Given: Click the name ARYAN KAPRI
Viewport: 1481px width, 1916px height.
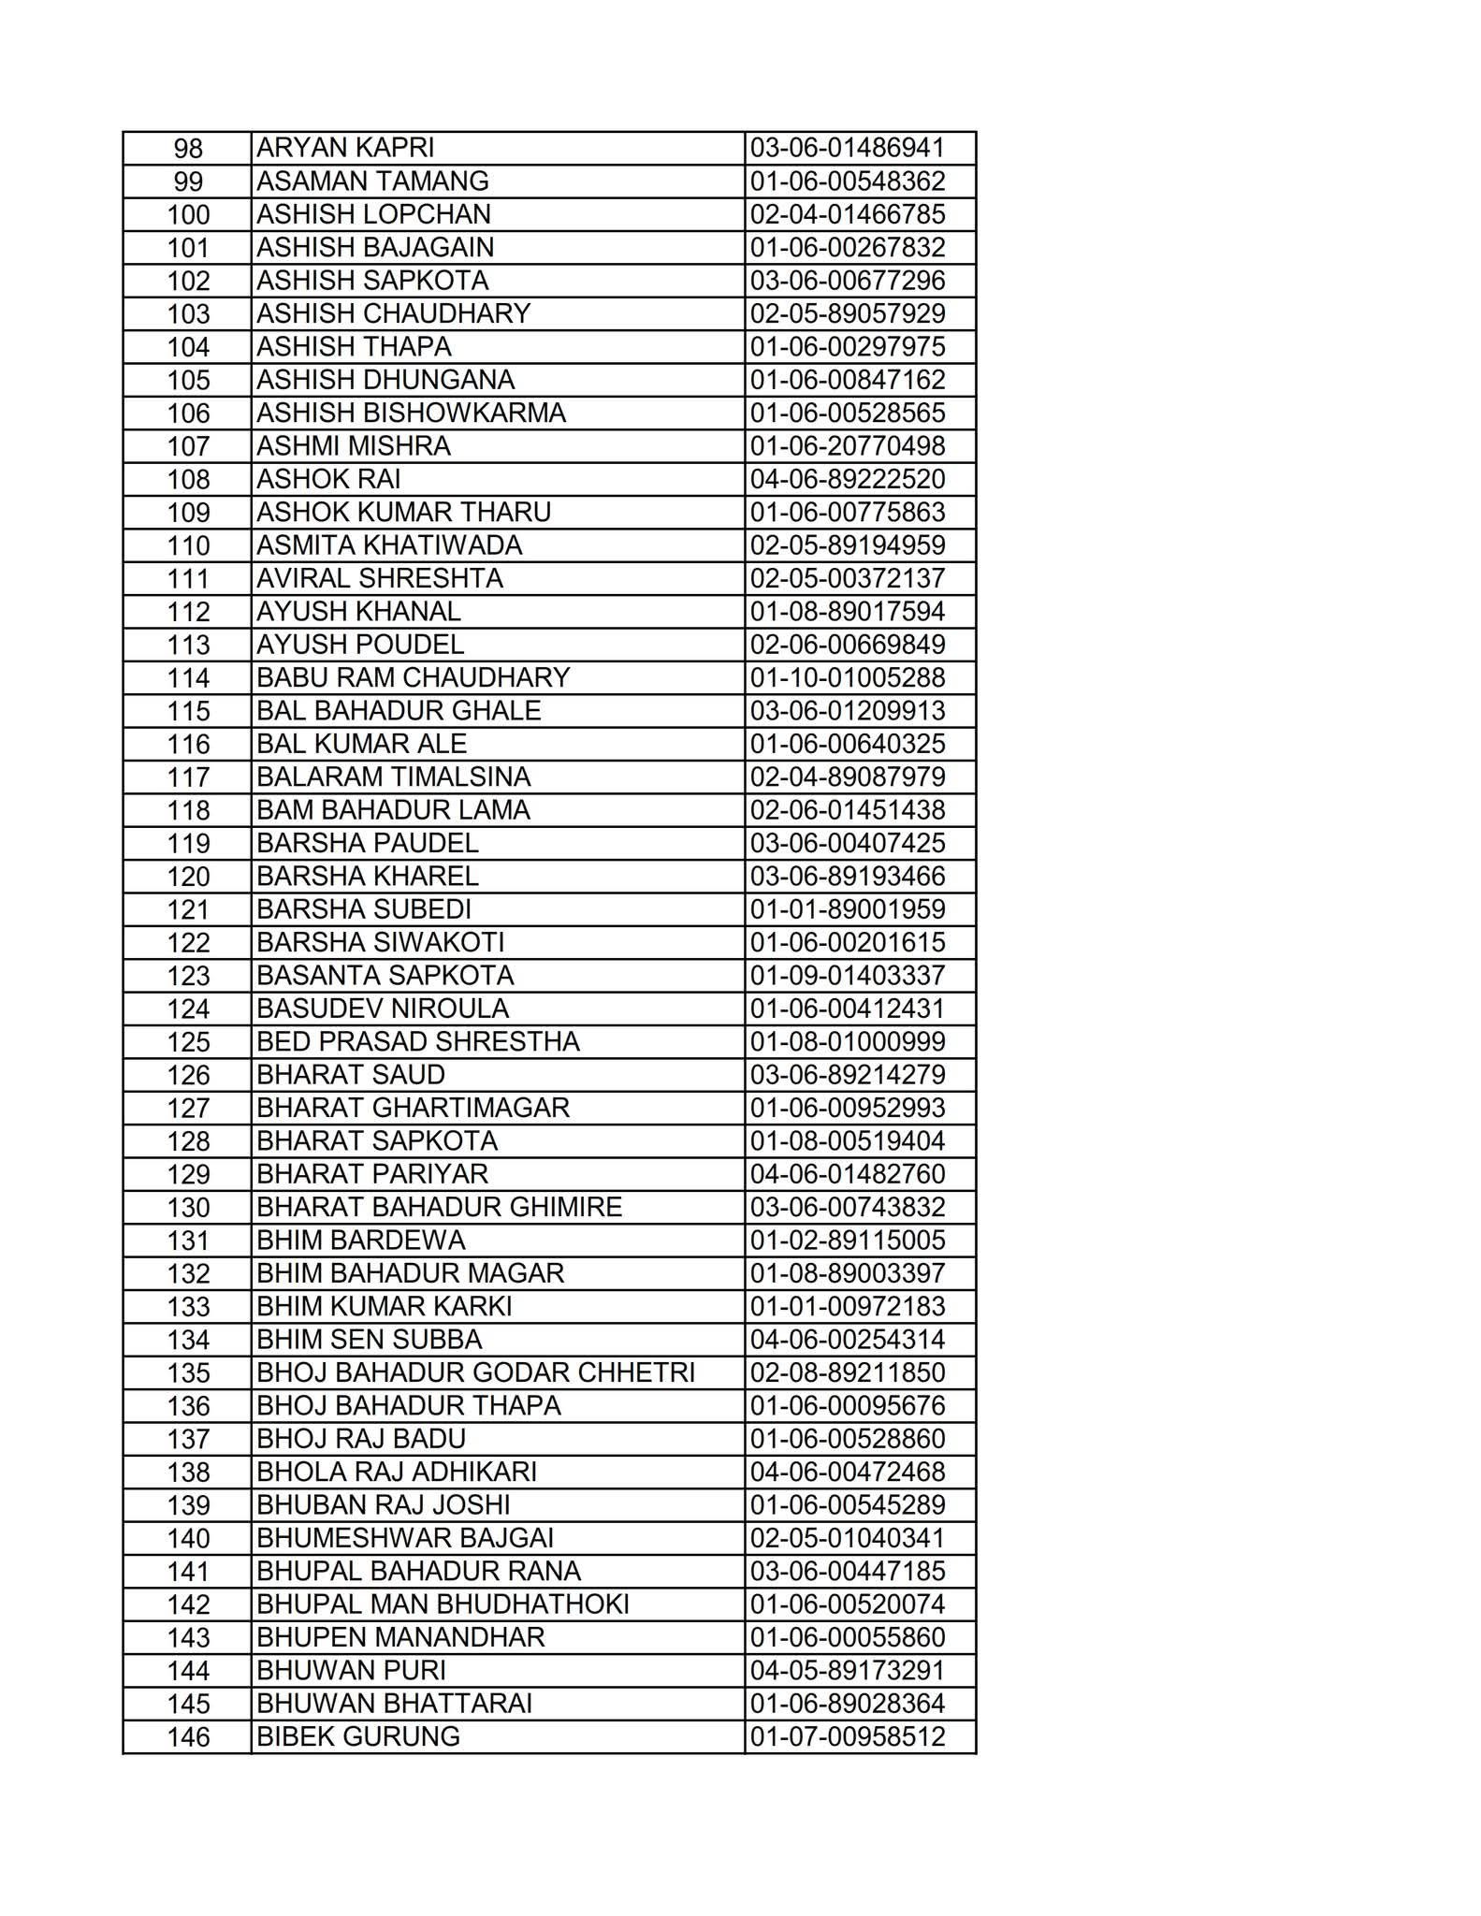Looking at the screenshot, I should (345, 148).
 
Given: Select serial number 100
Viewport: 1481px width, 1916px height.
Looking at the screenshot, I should (188, 215).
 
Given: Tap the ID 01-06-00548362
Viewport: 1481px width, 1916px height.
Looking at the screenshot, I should (848, 181).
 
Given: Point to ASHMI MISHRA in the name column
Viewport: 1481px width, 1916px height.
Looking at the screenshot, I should (354, 446).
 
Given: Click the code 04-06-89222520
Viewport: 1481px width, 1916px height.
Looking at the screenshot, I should (848, 480).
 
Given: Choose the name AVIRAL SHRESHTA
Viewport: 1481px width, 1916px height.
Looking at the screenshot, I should (380, 579).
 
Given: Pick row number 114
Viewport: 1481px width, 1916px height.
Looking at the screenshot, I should (188, 678).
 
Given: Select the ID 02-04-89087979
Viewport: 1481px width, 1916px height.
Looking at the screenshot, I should (848, 777).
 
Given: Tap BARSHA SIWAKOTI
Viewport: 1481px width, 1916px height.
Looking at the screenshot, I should (381, 943).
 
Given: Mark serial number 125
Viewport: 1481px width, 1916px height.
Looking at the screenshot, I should (188, 1042).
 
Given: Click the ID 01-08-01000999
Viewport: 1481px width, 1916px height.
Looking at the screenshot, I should (848, 1042).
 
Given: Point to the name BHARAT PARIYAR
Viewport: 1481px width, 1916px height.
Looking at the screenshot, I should (372, 1174).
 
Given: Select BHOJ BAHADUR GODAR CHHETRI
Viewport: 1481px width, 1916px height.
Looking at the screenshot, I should (475, 1372).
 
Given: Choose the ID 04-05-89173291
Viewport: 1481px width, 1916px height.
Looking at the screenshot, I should (848, 1671).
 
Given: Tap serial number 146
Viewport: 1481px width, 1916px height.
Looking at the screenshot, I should (188, 1737).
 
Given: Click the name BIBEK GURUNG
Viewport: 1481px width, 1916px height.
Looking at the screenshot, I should (358, 1737).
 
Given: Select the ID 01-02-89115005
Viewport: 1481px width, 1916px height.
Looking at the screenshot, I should (848, 1241).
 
